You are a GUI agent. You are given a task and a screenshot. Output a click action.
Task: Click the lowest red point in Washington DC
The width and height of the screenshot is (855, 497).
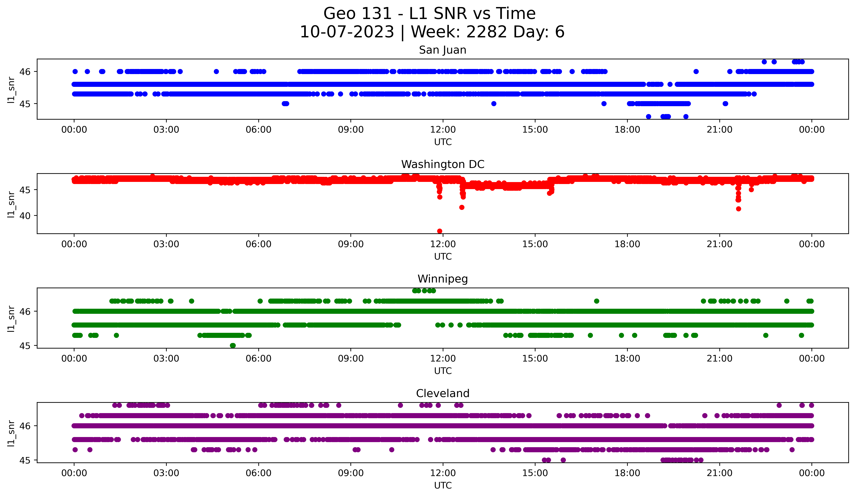[440, 231]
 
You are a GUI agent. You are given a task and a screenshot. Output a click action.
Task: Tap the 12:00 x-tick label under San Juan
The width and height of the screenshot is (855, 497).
[443, 130]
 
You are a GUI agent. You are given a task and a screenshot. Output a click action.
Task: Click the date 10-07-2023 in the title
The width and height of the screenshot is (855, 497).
[347, 32]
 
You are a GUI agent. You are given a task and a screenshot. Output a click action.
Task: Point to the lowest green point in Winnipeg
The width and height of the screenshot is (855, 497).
[233, 345]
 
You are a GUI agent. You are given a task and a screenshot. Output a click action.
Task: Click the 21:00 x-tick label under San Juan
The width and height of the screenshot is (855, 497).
[720, 130]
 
